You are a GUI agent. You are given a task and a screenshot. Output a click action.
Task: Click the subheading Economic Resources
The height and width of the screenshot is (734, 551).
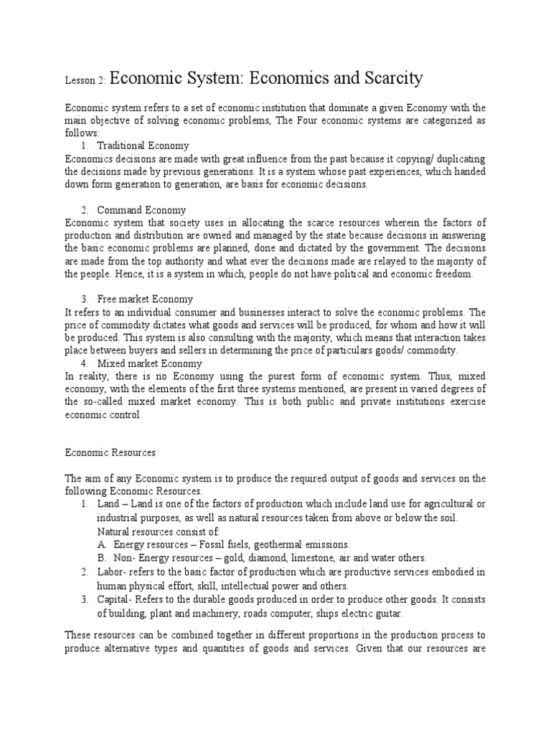pyautogui.click(x=110, y=453)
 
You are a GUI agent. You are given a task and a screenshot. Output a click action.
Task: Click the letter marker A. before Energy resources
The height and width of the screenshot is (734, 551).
pyautogui.click(x=101, y=544)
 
